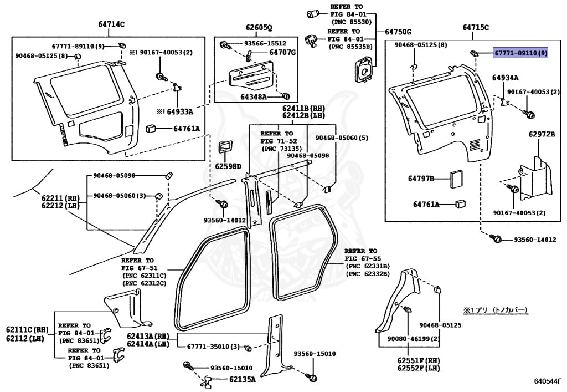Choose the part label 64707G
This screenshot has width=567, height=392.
282,53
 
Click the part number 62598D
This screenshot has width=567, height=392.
228,166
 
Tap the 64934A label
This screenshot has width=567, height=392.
505,78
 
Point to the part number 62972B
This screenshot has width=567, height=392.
541,134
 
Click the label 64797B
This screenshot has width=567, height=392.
421,179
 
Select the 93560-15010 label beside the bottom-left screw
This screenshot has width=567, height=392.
231,368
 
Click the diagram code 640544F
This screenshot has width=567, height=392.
548,381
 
